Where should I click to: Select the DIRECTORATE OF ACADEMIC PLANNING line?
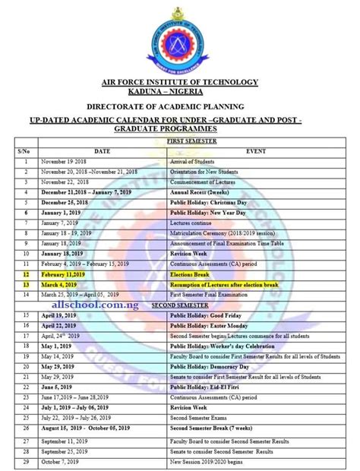180,107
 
